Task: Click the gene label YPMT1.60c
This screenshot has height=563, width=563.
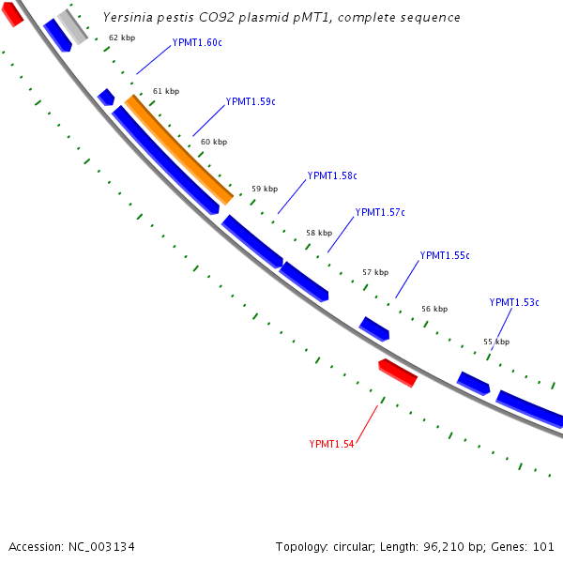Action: (x=197, y=43)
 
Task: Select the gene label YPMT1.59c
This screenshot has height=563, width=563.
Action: (x=251, y=101)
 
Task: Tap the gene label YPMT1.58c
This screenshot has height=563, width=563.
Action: (x=332, y=175)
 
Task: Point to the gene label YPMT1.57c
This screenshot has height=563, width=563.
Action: (x=380, y=212)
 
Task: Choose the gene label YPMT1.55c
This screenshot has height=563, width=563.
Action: (x=445, y=255)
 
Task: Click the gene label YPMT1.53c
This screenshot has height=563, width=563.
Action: (x=514, y=302)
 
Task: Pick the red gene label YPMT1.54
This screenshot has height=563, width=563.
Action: (x=331, y=444)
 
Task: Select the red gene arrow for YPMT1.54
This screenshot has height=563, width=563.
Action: (x=398, y=373)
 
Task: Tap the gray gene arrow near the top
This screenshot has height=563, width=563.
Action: (x=72, y=27)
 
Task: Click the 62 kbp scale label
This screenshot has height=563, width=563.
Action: (x=122, y=38)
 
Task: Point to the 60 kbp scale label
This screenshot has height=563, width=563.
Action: (x=214, y=142)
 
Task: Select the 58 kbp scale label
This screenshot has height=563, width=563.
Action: (x=319, y=233)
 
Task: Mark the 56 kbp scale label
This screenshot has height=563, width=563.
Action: (x=434, y=309)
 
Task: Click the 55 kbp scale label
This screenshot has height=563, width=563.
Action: (x=496, y=342)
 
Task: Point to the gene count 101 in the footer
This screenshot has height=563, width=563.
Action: (x=542, y=546)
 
